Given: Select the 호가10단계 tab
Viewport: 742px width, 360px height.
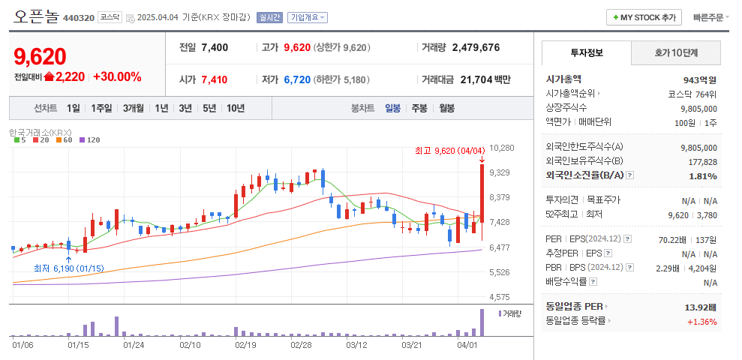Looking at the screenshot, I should pyautogui.click(x=675, y=53).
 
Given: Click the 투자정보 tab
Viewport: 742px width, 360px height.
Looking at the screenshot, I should pyautogui.click(x=586, y=53).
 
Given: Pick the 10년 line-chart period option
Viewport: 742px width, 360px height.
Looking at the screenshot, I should pyautogui.click(x=235, y=108).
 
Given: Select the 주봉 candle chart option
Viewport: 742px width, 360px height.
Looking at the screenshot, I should pyautogui.click(x=419, y=108).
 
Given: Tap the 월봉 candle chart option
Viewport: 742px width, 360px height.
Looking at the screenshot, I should pyautogui.click(x=446, y=108).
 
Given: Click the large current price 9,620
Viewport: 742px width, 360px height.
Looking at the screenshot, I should pyautogui.click(x=40, y=56).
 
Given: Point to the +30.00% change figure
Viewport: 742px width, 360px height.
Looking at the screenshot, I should pyautogui.click(x=117, y=76).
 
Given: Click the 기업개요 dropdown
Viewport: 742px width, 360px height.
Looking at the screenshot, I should pyautogui.click(x=308, y=17).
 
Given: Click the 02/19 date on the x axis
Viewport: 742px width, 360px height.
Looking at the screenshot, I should pyautogui.click(x=245, y=345).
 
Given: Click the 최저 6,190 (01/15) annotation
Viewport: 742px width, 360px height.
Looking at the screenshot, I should pyautogui.click(x=68, y=268).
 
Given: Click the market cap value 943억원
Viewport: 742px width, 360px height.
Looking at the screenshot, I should pyautogui.click(x=700, y=79).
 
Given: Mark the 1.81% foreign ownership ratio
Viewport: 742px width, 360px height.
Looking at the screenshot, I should pyautogui.click(x=702, y=175).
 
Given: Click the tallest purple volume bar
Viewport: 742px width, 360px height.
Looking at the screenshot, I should pyautogui.click(x=482, y=322).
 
